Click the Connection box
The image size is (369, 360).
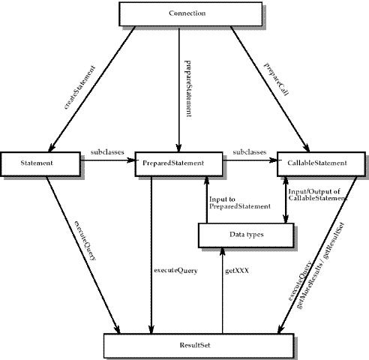(x=190, y=14)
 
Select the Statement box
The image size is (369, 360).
(x=40, y=163)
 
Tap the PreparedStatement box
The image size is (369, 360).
(x=178, y=163)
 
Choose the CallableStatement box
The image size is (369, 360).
(x=321, y=163)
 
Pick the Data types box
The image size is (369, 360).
(x=246, y=235)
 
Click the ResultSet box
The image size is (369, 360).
(x=199, y=346)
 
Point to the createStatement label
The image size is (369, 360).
(x=79, y=87)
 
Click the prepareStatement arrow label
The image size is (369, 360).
(x=188, y=88)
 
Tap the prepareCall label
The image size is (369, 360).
(x=277, y=79)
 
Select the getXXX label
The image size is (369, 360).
(x=237, y=271)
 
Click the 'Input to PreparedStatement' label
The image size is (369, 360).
(x=240, y=202)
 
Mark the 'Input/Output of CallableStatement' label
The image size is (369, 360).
(x=318, y=195)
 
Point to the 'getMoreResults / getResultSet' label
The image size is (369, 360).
(x=321, y=265)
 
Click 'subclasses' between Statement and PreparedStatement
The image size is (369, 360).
(x=107, y=152)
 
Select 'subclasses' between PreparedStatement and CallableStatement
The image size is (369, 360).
(x=250, y=152)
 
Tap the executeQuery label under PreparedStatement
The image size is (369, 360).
(x=175, y=271)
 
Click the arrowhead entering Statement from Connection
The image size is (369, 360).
(x=51, y=148)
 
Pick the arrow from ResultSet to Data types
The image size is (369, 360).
(x=222, y=290)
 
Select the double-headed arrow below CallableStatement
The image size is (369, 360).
(x=286, y=199)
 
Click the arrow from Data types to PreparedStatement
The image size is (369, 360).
(x=206, y=199)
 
